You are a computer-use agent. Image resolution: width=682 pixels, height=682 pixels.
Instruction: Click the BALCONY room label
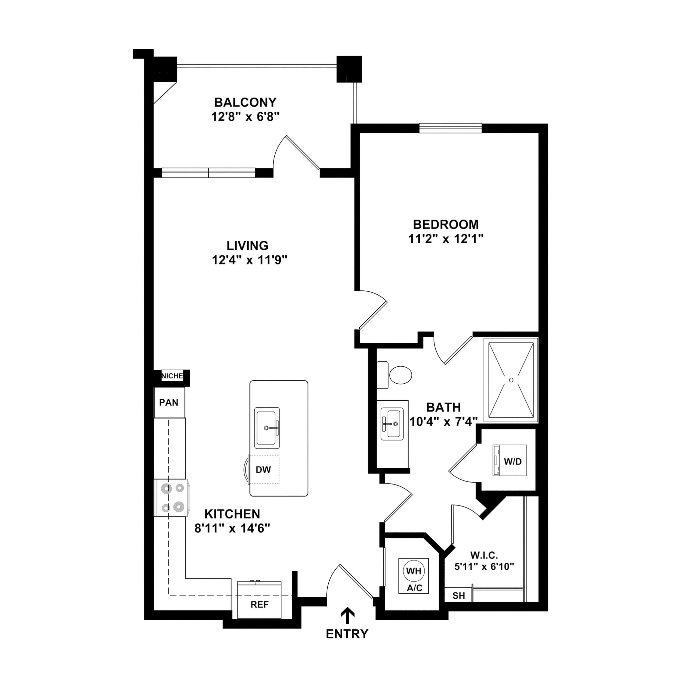245,102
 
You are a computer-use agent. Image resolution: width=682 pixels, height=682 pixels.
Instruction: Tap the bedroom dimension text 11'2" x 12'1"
446,239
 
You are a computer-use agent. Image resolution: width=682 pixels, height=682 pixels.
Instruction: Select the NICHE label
172,376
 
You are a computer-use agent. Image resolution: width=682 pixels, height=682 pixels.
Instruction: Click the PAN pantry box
169,402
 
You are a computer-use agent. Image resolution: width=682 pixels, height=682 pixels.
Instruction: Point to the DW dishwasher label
263,470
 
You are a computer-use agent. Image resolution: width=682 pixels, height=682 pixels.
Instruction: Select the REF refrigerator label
259,604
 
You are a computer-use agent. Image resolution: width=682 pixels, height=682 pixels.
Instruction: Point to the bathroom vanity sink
392,423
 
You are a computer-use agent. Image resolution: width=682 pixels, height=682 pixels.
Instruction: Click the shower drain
511,380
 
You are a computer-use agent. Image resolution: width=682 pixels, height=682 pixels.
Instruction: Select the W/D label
512,461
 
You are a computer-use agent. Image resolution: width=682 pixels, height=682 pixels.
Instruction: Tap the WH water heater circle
413,571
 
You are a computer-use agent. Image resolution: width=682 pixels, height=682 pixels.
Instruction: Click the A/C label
414,588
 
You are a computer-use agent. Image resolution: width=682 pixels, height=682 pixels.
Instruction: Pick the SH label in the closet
459,596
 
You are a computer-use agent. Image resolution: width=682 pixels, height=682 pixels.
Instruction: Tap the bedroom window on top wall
451,128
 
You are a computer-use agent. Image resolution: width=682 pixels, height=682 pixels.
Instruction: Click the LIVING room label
247,245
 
